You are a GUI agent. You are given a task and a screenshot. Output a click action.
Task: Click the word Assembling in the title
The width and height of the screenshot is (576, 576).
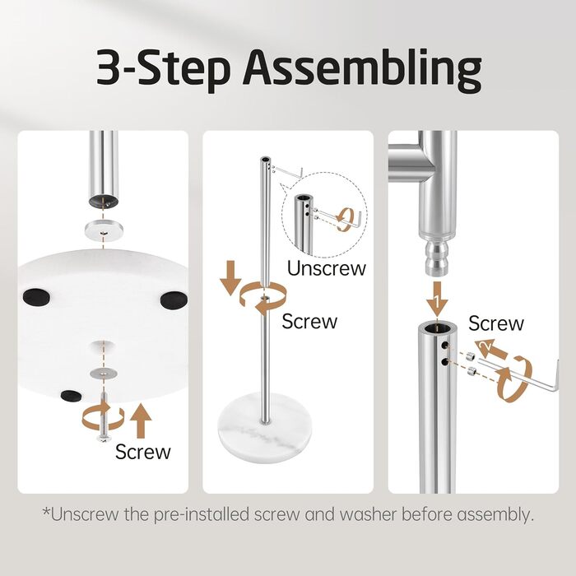click(362, 70)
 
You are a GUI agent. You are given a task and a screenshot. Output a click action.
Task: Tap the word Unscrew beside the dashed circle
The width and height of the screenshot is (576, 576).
click(327, 268)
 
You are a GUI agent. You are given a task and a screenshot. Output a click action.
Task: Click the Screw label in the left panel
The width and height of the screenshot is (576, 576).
click(143, 452)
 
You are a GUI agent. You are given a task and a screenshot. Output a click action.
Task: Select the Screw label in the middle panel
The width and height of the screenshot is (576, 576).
click(309, 322)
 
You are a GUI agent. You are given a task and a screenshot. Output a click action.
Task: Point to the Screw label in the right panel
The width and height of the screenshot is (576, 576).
click(496, 323)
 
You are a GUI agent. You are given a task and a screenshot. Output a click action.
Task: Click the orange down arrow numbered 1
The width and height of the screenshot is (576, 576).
click(437, 299)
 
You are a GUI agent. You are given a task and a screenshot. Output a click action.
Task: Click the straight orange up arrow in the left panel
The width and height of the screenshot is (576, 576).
click(141, 420)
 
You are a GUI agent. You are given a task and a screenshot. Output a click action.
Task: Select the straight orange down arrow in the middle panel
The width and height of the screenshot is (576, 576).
click(230, 278)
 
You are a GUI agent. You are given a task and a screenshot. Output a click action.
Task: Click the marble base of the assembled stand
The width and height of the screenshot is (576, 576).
click(265, 426)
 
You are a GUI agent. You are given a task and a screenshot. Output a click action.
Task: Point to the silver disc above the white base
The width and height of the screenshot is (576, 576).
click(104, 230)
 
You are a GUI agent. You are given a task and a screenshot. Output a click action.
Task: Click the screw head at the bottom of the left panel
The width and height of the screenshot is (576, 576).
click(104, 438)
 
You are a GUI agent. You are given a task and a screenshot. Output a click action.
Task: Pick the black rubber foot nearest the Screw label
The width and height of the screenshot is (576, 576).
click(72, 396)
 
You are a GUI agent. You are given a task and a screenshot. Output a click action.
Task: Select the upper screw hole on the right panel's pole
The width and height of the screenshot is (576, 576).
click(446, 346)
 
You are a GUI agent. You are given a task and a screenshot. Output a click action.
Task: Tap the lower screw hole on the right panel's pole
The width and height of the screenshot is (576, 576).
click(446, 362)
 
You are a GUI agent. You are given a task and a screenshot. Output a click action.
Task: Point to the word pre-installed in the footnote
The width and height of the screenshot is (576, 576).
click(202, 514)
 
